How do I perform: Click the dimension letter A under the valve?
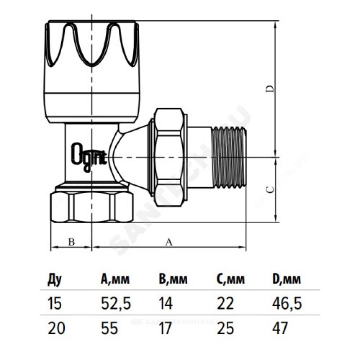[x=169, y=242]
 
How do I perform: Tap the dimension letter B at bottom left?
[x=71, y=242]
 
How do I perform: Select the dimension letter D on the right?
[x=270, y=89]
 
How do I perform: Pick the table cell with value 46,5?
[x=287, y=304]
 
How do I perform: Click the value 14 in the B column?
[x=166, y=304]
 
